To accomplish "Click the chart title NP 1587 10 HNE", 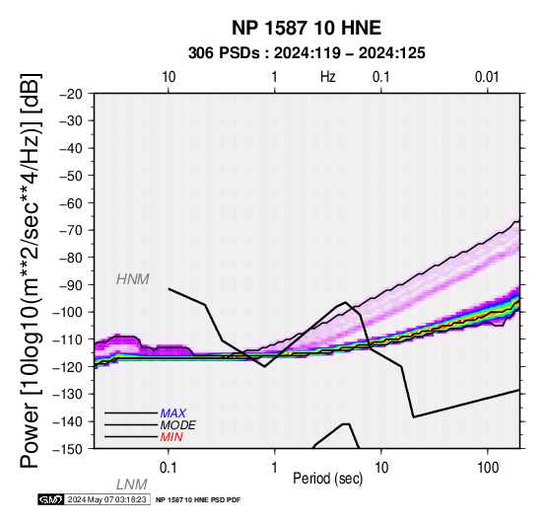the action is (307, 28).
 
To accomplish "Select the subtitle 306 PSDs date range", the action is (307, 53).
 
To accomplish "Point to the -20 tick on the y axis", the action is (71, 94).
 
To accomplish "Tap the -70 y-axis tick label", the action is (71, 230).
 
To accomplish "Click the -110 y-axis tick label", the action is (68, 339).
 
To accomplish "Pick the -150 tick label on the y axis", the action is (68, 449).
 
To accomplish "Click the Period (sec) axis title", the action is (327, 479).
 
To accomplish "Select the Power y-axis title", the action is (31, 271).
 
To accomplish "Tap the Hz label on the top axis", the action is (327, 77).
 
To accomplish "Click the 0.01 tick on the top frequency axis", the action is (487, 77).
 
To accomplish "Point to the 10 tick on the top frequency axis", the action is (169, 77).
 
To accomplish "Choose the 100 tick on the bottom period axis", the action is (488, 468).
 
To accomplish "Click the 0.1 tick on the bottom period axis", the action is (169, 468).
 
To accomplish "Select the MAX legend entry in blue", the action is (173, 413).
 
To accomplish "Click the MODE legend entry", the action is (178, 425).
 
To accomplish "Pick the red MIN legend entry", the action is (171, 437).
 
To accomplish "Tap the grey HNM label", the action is (133, 279).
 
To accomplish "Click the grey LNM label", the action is (132, 485).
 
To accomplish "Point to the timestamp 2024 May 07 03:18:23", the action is (106, 499).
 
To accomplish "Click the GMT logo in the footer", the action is (51, 499).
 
